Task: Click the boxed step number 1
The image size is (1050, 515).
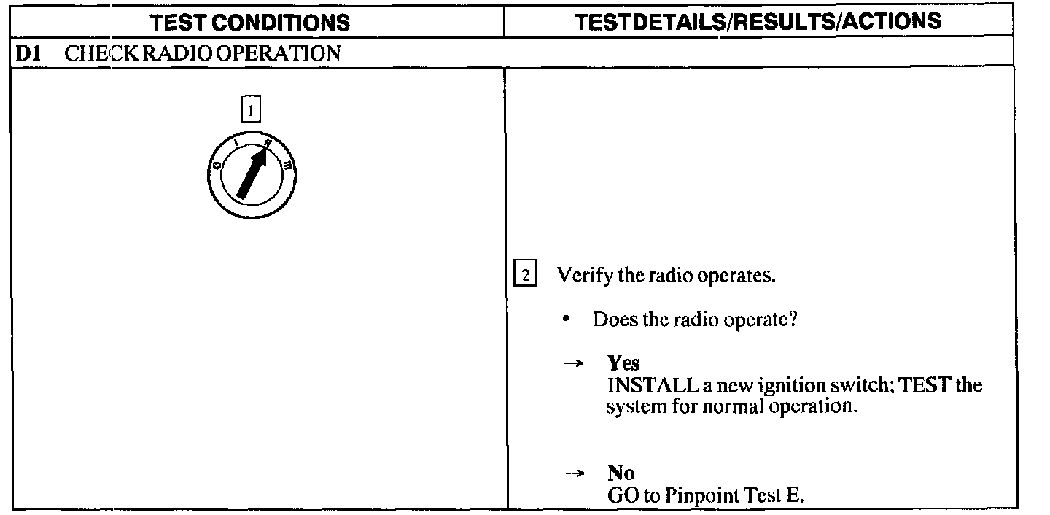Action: [251, 111]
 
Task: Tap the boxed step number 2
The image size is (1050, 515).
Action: [526, 276]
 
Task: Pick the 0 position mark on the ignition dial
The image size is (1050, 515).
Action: [217, 167]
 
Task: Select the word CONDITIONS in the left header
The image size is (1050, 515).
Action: [295, 23]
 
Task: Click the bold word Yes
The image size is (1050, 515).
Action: [623, 363]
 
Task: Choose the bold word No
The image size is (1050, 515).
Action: [621, 473]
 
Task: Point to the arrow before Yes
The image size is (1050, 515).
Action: [575, 363]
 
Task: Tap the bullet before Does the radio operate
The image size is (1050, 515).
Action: [566, 320]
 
